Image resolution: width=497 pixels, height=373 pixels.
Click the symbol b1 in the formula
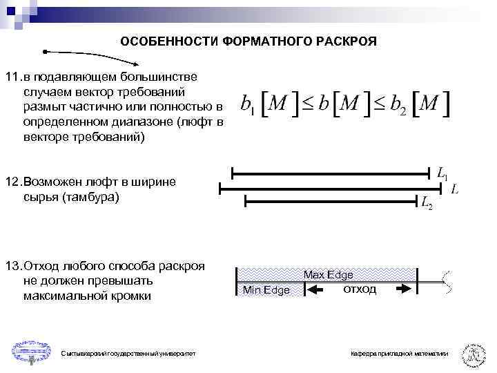point(248,105)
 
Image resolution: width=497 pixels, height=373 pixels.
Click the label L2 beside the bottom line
point(427,203)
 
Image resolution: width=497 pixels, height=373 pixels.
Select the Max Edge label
point(329,275)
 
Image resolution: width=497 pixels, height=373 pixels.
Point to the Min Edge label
point(266,290)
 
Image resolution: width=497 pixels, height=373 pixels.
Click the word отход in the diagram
point(359,289)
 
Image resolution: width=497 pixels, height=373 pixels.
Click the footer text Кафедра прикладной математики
point(398,354)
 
